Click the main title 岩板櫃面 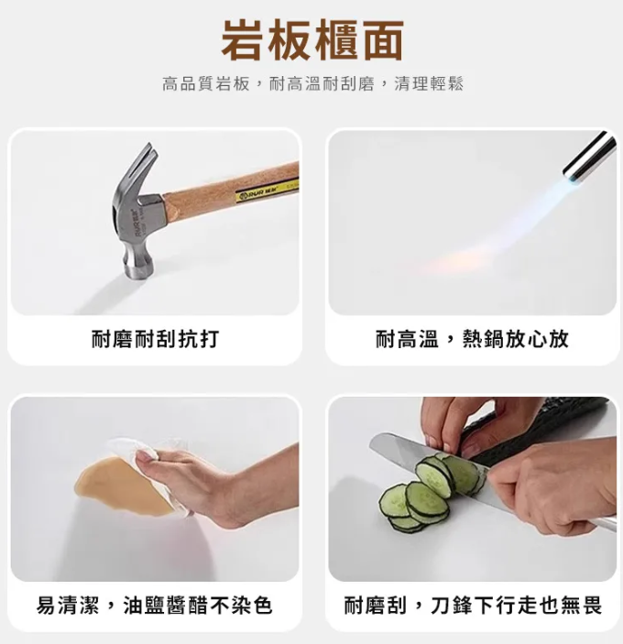click(x=312, y=39)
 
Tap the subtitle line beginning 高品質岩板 click(x=313, y=83)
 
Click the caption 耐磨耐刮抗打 click(x=155, y=339)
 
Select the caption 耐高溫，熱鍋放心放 click(x=472, y=339)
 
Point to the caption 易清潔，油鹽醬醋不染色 click(x=155, y=606)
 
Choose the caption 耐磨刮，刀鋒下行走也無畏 click(x=473, y=606)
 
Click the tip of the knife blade click(x=371, y=441)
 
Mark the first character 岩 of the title click(x=242, y=39)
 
